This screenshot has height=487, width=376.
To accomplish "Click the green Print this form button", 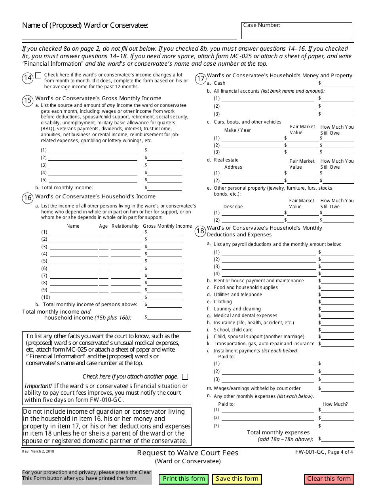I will point(184,479).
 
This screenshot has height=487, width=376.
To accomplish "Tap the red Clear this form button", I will point(329,479).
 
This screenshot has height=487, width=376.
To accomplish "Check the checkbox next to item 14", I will point(38,75).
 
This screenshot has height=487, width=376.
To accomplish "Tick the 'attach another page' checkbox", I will point(185,377).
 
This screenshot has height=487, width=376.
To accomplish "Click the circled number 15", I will point(28,100).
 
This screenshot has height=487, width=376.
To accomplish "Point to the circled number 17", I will point(201,78).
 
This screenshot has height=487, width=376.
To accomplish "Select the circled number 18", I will point(200,231).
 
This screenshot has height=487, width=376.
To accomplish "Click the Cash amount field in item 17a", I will point(337,83).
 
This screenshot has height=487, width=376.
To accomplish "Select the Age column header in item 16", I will point(103,226).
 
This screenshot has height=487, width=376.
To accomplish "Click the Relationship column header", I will point(125,226).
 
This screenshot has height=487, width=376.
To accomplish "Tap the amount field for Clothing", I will point(337,302).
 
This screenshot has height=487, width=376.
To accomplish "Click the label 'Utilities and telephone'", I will point(238,295).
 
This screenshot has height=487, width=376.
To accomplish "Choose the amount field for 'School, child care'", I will point(337,329).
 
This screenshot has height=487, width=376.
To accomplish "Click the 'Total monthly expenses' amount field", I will point(337,439).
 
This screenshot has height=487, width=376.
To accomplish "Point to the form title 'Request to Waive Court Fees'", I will point(188,453).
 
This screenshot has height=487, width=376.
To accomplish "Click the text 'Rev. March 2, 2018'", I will point(38,451).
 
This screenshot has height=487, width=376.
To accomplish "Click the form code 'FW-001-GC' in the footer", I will point(310,451).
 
